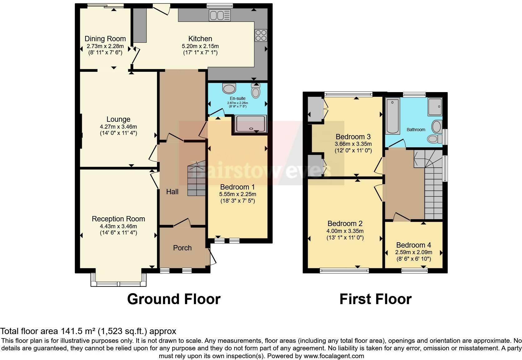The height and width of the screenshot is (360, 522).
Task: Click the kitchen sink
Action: click(x=219, y=15)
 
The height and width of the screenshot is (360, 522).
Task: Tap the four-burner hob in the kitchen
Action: click(x=261, y=35)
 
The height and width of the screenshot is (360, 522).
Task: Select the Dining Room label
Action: click(x=105, y=39)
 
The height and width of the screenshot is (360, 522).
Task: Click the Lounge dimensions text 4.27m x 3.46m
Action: click(x=118, y=127)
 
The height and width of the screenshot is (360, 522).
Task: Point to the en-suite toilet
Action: click(x=256, y=91)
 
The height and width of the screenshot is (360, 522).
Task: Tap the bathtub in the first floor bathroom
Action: click(x=393, y=116)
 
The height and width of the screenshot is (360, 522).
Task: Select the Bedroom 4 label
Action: click(x=414, y=245)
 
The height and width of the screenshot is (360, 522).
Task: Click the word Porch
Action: click(x=182, y=248)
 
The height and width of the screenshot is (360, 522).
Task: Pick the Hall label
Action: click(x=172, y=192)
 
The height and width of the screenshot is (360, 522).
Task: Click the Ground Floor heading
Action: click(x=174, y=299)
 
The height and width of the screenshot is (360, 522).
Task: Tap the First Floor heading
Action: click(x=375, y=299)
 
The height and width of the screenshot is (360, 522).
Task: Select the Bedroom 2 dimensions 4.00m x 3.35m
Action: click(x=345, y=231)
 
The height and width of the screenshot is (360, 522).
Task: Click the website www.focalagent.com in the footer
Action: click(x=333, y=356)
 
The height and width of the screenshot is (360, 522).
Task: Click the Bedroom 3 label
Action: click(x=353, y=137)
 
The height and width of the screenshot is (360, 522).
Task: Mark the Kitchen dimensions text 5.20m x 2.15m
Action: click(x=200, y=46)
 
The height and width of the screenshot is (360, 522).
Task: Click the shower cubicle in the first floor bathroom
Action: click(x=435, y=106)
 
